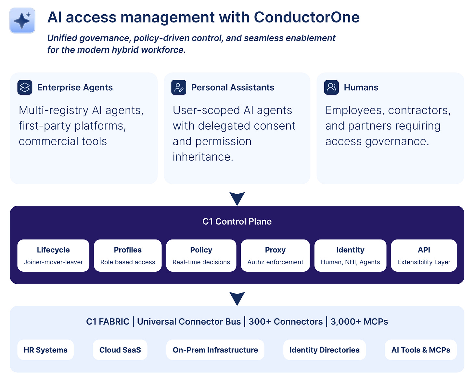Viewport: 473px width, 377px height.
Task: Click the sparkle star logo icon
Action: tap(22, 20)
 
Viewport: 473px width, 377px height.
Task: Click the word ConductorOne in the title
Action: tap(307, 18)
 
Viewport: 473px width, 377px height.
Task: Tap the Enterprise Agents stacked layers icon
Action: tap(25, 87)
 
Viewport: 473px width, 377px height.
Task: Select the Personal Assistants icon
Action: tap(179, 87)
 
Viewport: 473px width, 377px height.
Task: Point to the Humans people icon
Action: tap(331, 87)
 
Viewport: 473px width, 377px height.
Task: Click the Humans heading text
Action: tap(361, 87)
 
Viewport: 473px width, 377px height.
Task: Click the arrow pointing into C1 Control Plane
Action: tap(237, 198)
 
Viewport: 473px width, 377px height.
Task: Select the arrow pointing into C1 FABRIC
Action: tap(237, 298)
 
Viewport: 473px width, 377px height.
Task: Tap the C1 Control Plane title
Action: tap(237, 221)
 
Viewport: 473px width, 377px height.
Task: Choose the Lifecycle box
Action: tap(53, 255)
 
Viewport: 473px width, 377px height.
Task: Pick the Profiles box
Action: tap(128, 255)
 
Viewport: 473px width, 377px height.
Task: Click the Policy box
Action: tap(201, 255)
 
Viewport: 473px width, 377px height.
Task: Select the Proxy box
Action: tap(275, 255)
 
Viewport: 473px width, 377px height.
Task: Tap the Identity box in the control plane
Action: tap(350, 255)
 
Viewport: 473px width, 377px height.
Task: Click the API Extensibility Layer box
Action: tap(424, 255)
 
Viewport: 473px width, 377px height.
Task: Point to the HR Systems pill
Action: tap(45, 350)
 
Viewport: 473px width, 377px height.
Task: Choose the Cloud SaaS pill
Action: tap(120, 350)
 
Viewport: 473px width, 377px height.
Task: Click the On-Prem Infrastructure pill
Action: tap(215, 350)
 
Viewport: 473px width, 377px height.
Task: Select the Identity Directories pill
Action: tap(324, 350)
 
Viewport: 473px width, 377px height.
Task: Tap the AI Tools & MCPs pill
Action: tap(421, 350)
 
